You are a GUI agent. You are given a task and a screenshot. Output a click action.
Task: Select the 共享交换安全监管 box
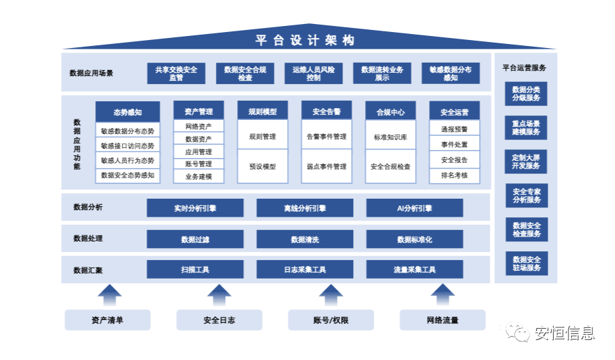176,73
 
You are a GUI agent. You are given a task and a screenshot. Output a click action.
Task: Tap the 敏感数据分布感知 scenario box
450,73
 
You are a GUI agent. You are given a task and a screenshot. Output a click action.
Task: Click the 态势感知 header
127,112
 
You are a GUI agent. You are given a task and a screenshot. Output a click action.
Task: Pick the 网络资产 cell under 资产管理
199,126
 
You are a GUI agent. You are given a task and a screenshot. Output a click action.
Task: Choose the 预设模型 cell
263,167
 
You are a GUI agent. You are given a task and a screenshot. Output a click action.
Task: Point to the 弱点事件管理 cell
326,167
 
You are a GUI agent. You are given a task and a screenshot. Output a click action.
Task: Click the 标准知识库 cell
390,137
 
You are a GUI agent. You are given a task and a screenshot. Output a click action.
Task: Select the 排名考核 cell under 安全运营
454,176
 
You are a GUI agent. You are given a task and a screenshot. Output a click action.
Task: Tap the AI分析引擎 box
414,208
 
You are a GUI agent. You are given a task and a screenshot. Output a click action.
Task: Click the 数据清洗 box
305,239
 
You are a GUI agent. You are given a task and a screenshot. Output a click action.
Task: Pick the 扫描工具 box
195,270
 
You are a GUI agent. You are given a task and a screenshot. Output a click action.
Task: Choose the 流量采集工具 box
414,270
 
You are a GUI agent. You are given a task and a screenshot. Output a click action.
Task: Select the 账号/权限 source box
330,320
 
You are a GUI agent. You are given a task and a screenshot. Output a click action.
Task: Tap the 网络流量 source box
442,320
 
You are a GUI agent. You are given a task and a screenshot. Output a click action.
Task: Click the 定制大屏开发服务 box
526,161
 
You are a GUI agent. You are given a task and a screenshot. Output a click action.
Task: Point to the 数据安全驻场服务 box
526,263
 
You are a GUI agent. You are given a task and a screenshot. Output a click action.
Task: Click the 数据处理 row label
88,239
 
